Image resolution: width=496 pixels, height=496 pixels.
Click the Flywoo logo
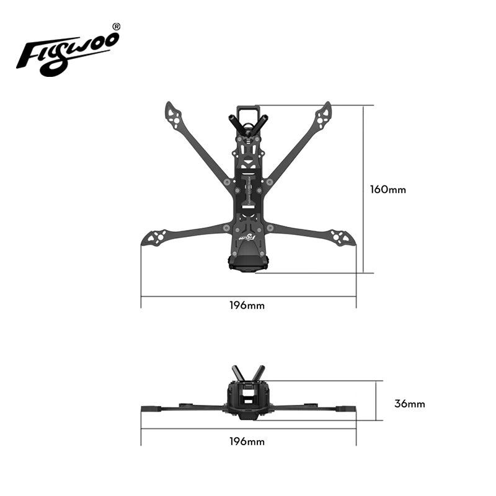68,52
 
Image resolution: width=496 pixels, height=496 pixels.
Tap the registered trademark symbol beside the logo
117,27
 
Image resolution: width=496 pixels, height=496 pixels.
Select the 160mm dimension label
388,190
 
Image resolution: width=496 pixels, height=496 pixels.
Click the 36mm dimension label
410,404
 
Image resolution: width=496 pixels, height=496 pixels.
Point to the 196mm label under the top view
247,305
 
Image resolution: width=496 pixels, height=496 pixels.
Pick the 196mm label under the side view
247,441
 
